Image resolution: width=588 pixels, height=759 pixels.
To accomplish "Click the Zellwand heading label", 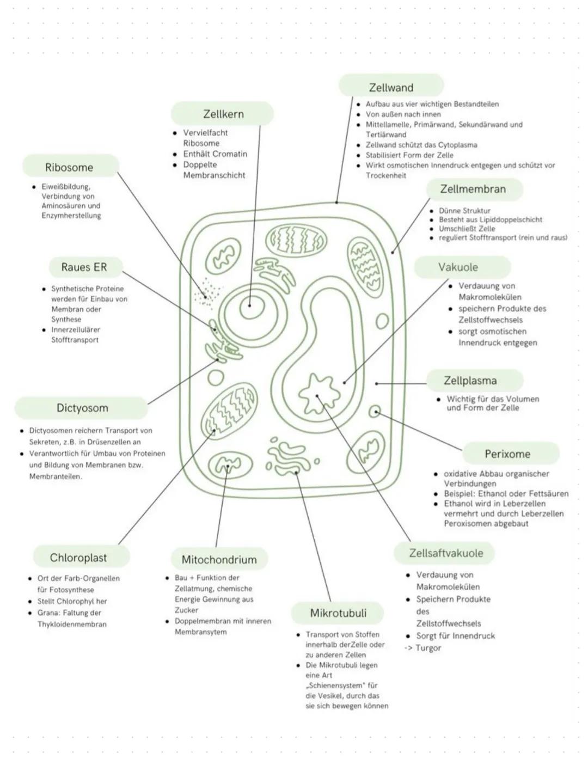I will coord(391,87).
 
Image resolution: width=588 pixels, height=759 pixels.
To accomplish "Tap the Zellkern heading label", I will coord(223,114).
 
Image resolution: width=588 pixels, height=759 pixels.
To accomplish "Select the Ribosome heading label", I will coord(69,167).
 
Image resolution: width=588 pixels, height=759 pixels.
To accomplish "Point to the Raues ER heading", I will coord(84,267).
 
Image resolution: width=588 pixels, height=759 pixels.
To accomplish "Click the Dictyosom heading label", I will coord(82,408).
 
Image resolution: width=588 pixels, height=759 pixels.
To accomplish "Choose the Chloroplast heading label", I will coord(78,558).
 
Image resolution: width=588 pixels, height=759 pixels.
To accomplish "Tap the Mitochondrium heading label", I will coord(219,559).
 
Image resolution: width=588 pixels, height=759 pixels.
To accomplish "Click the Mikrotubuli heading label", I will coord(338,613).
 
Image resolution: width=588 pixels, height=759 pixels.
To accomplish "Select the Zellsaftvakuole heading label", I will coord(446,553).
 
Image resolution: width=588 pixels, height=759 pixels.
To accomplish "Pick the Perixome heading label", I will coord(507,454).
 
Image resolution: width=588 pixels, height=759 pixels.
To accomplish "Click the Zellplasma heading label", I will coord(470,380).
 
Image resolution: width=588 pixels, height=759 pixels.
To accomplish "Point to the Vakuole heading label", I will coord(458,267).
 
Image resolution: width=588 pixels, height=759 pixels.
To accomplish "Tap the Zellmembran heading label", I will coord(473,189).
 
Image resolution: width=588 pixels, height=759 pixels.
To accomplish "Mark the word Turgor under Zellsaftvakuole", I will coord(428,648).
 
